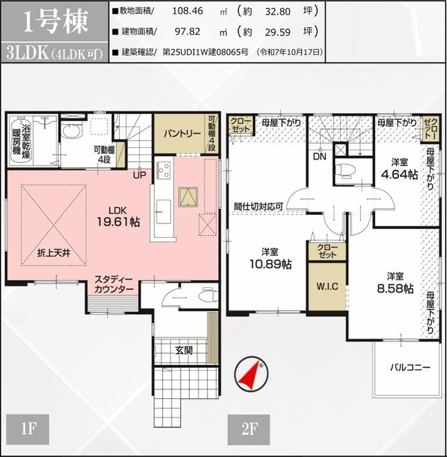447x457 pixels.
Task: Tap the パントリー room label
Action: coord(182,134)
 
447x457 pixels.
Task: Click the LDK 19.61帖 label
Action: coord(118,215)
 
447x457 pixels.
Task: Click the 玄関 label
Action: coord(184,350)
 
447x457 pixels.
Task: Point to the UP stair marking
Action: coord(139,175)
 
